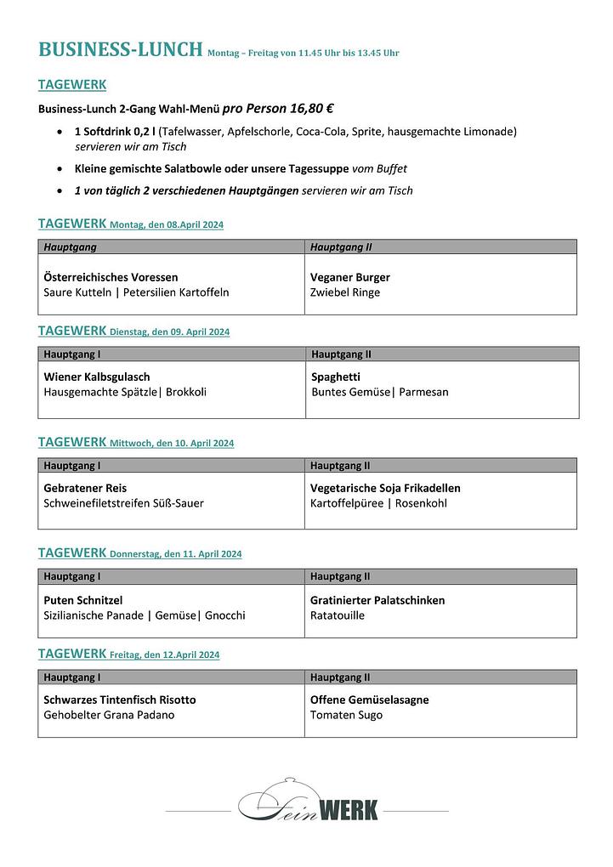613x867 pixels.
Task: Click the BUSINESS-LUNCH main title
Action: [120, 49]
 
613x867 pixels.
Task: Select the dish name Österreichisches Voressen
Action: [111, 277]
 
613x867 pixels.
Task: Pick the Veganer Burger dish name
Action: [350, 277]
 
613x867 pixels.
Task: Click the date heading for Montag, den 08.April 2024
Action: [167, 225]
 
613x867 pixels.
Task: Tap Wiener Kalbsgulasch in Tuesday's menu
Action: [97, 377]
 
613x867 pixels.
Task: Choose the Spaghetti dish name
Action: [336, 377]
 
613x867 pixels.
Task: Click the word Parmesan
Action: [423, 392]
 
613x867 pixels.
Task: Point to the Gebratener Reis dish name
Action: [85, 488]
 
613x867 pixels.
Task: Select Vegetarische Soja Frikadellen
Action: [385, 488]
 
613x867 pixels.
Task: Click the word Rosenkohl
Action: [422, 503]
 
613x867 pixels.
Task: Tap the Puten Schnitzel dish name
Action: [83, 600]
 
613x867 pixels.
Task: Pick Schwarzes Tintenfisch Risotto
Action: [120, 700]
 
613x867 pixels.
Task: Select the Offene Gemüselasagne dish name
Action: [370, 700]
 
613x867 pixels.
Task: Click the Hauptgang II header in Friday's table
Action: [340, 677]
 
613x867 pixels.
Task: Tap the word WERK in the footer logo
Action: [348, 810]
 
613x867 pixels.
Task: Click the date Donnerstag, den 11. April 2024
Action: [176, 554]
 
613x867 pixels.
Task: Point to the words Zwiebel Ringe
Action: [345, 292]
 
